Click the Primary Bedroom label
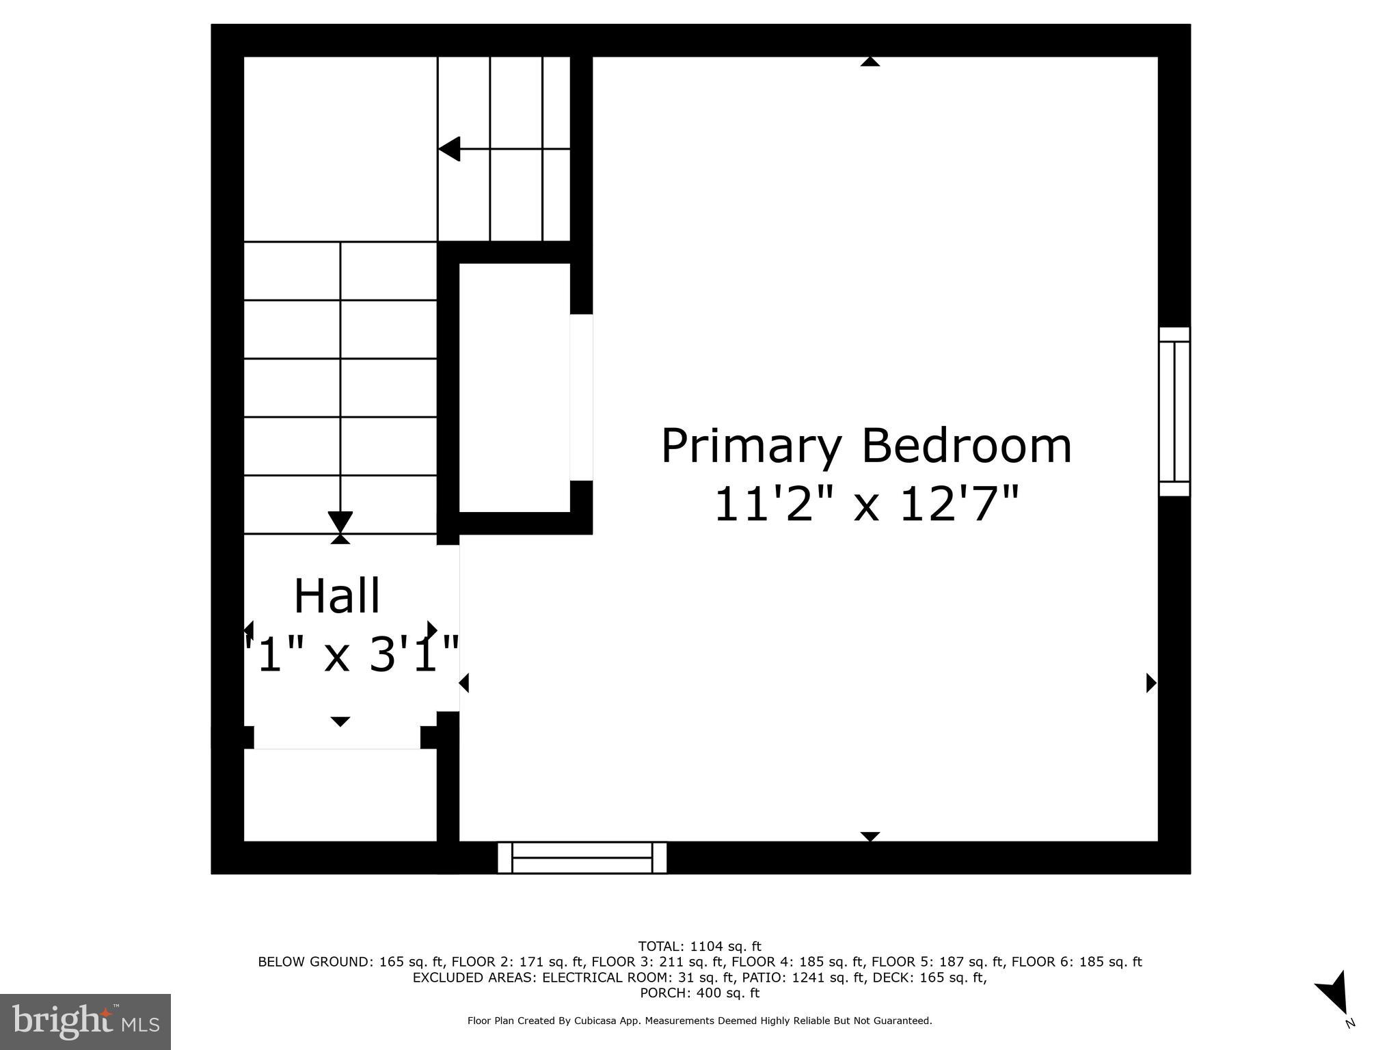pos(866,447)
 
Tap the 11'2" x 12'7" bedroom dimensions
pos(866,504)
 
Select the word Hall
pos(336,596)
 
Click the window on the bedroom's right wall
pos(1174,412)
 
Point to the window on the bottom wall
pos(582,857)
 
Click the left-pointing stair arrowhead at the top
pos(449,148)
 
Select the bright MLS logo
pos(85,1021)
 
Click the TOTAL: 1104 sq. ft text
pos(699,947)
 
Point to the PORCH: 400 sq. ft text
pos(699,993)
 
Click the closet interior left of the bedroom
pos(514,387)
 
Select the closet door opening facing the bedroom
pos(582,397)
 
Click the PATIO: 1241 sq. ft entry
pos(826,978)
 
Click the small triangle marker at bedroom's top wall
pos(870,62)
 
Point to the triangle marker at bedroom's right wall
pos(1151,682)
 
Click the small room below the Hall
pos(340,794)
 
